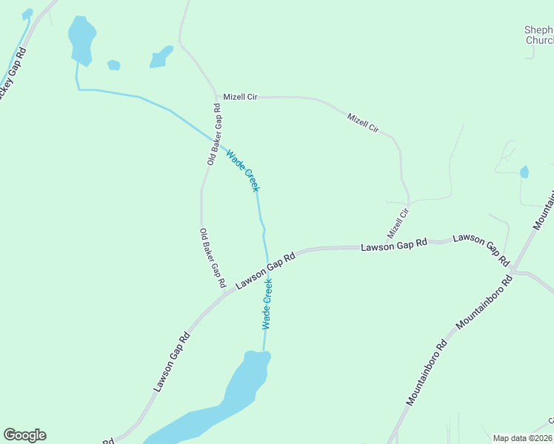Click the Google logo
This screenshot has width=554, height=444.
click(24, 435)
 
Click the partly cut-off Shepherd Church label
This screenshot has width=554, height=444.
click(538, 35)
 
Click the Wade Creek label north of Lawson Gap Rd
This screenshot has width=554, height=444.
click(243, 171)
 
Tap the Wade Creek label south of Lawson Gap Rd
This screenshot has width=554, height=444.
click(267, 303)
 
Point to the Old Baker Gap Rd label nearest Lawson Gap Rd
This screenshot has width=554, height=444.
click(213, 258)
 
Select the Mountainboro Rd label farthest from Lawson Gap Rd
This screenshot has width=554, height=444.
click(427, 372)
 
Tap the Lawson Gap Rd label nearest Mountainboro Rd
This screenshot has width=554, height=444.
click(481, 249)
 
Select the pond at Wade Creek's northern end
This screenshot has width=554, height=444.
click(81, 38)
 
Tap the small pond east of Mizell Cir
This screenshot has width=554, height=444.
click(524, 172)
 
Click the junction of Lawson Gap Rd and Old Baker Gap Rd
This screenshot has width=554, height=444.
click(225, 293)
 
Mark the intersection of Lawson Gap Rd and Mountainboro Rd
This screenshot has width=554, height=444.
click(515, 269)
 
